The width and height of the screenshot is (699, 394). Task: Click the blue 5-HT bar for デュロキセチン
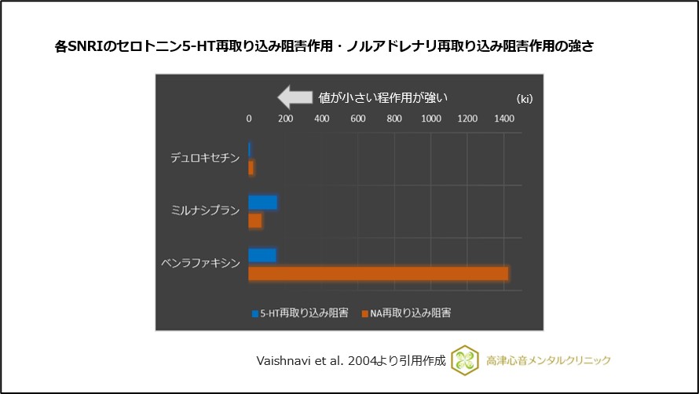coord(250,149)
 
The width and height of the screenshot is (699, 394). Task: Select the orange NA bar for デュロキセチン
coord(251,168)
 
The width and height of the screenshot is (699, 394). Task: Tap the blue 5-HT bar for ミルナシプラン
coord(263,202)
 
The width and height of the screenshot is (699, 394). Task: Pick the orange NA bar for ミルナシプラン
coord(255,221)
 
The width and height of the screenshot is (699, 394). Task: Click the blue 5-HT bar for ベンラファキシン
coord(262,254)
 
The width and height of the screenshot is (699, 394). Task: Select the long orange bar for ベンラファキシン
coord(379,273)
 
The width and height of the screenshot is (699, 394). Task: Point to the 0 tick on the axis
coord(249,119)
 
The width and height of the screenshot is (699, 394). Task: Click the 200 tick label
coord(285,119)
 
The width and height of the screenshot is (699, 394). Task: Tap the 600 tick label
coord(357,119)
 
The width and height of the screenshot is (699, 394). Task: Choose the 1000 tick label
coord(430,119)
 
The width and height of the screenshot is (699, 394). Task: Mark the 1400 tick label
coord(503,119)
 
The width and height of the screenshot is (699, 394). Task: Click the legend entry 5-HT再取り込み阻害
coord(300,312)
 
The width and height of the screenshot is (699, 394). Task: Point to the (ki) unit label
coord(525,100)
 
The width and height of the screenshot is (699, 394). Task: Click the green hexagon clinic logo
coord(465,359)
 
